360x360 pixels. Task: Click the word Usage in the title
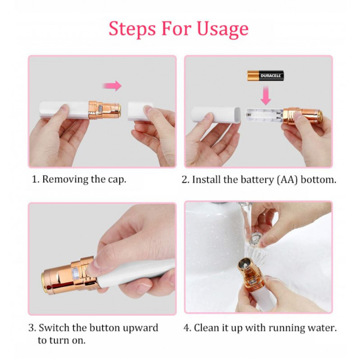222,29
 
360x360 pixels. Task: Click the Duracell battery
265,76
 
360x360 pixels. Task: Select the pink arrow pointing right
112,86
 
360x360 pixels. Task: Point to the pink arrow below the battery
265,95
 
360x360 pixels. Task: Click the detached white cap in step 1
140,111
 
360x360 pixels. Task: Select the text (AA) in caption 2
287,180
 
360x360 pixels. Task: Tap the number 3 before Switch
32,328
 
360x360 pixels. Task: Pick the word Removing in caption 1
65,180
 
